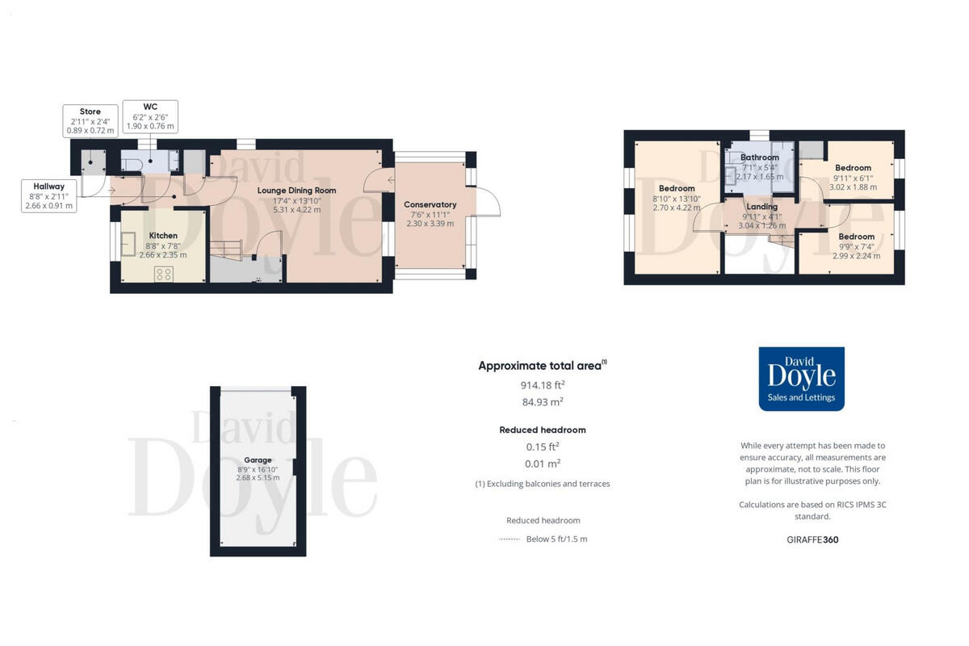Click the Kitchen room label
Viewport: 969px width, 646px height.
pyautogui.click(x=162, y=236)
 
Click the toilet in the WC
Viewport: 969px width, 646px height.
pyautogui.click(x=133, y=165)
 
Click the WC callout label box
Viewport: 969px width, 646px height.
pyautogui.click(x=149, y=116)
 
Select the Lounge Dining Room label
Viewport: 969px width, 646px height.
pyautogui.click(x=296, y=191)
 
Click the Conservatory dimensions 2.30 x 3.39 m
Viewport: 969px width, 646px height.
pyautogui.click(x=430, y=223)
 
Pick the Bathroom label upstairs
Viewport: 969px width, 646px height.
pyautogui.click(x=759, y=157)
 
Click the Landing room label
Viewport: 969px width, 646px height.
pyautogui.click(x=761, y=207)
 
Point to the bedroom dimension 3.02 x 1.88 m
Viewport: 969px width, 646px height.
pyautogui.click(x=853, y=187)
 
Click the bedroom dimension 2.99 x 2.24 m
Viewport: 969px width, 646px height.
pyautogui.click(x=856, y=256)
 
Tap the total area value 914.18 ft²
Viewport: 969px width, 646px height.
pyautogui.click(x=542, y=385)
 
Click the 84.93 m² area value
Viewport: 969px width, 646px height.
pyautogui.click(x=542, y=401)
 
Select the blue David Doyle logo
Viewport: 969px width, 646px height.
pyautogui.click(x=801, y=379)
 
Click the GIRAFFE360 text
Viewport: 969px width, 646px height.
pyautogui.click(x=812, y=539)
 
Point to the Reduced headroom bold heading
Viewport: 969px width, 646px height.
pyautogui.click(x=542, y=430)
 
